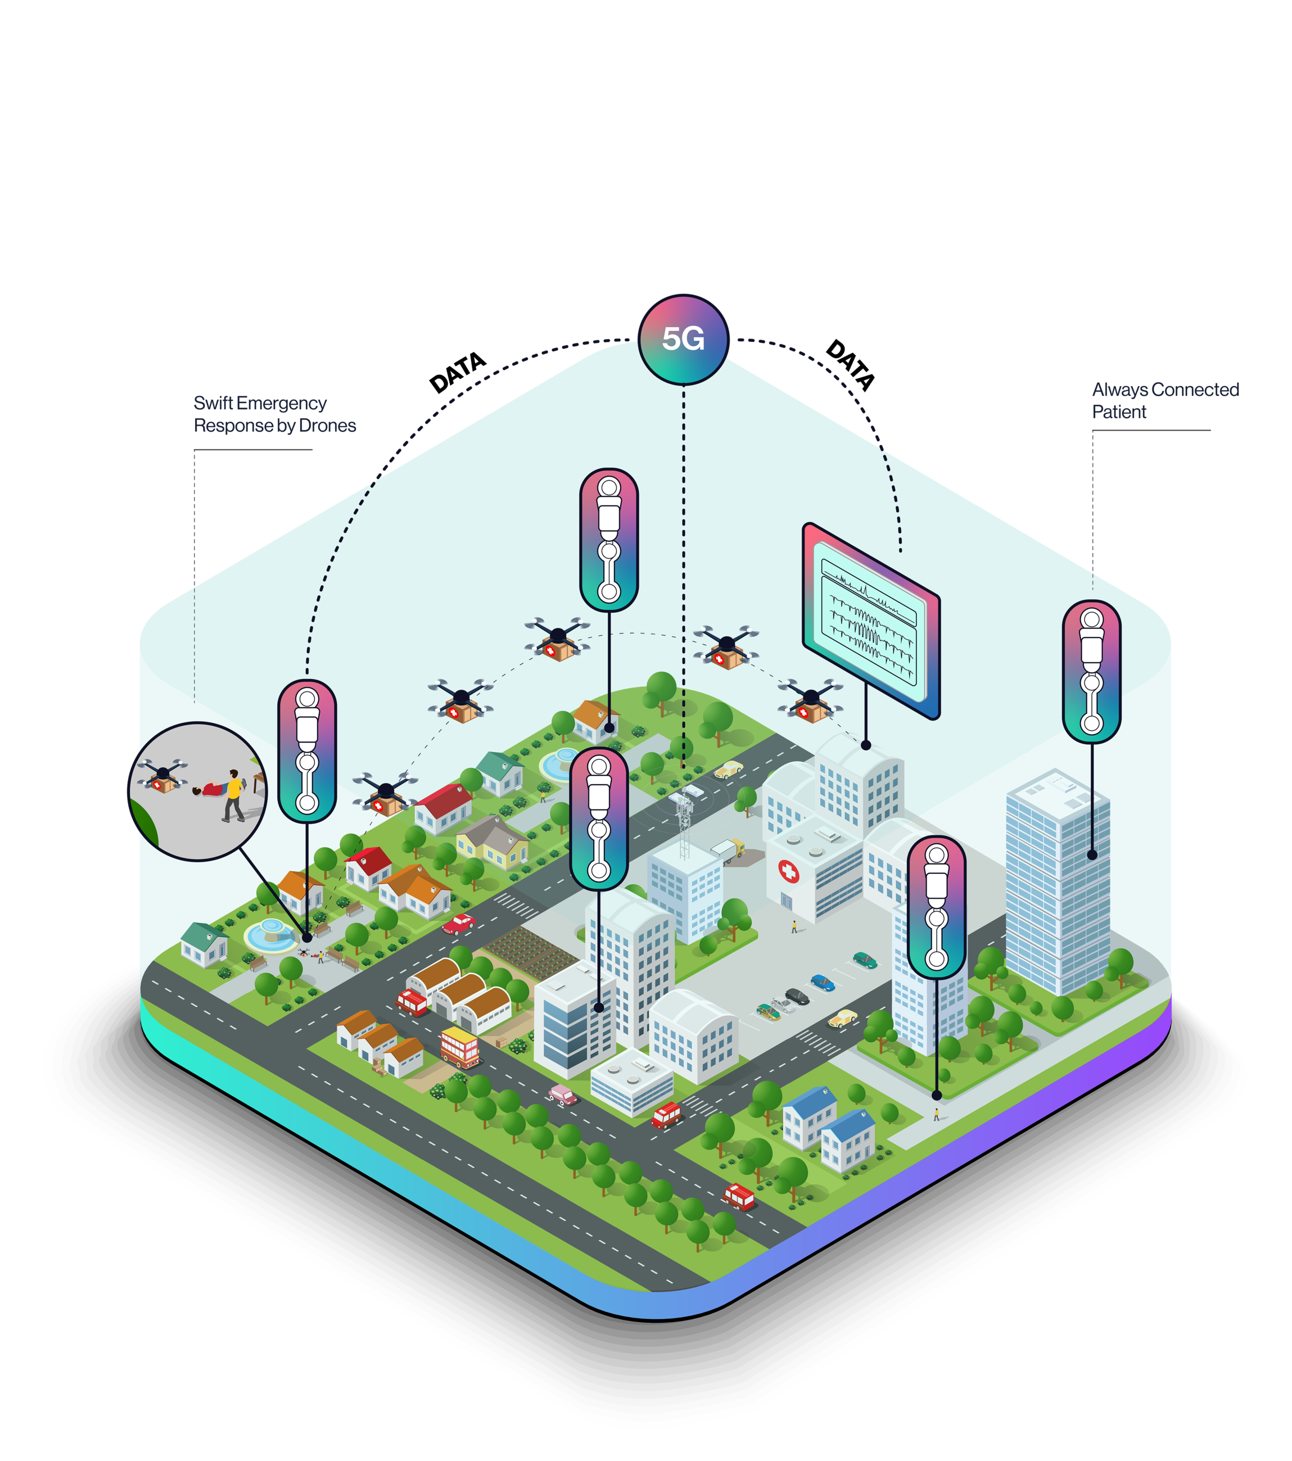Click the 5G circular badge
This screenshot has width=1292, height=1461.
[x=682, y=339]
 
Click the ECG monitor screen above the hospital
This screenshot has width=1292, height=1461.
[x=870, y=619]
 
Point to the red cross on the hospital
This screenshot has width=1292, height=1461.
[x=788, y=871]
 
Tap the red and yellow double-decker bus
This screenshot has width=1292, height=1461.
[x=460, y=1047]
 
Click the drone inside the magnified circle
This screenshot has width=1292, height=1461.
[x=162, y=776]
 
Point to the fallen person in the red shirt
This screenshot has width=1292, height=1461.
[x=211, y=789]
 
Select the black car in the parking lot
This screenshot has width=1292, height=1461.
[x=797, y=996]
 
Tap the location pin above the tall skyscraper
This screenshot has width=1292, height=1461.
[x=1091, y=671]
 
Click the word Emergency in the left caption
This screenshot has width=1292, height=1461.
[x=282, y=403]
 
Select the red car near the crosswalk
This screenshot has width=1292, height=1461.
[x=459, y=924]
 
